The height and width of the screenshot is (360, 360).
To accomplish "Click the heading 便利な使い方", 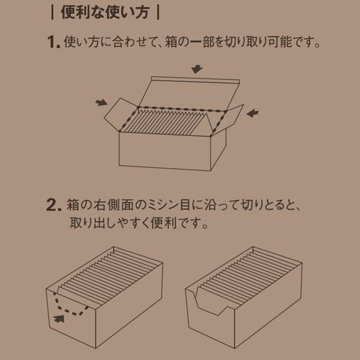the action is pos(105,12).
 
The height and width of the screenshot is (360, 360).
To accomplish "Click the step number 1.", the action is pos(54,42).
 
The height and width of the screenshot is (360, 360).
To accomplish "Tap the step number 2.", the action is pos(54,205).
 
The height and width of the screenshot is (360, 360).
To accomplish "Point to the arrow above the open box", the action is pos(197,68).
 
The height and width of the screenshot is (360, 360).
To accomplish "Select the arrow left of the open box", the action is pos(101,102).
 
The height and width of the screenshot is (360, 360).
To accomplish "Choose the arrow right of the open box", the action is pos(253,113).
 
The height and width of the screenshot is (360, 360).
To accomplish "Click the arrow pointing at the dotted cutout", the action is pos(59,318).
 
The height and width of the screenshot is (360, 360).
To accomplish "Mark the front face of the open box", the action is pos(165,151).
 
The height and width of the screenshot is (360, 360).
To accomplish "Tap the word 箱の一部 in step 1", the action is pos(189,42).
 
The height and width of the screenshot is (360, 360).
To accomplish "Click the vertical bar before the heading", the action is pos(53,13).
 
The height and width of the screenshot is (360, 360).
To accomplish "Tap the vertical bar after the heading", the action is pos(158,13).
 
